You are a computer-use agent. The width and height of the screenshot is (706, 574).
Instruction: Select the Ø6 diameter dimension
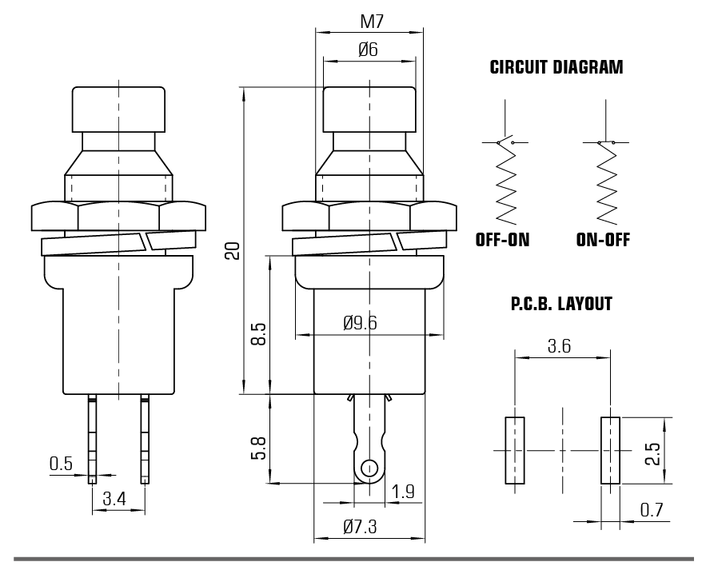click(x=369, y=50)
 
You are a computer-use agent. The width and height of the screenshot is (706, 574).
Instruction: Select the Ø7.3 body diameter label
click(x=360, y=527)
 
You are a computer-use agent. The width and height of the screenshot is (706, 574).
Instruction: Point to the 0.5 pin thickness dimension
click(x=62, y=463)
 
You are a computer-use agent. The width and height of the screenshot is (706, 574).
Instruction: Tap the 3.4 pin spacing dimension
click(x=115, y=500)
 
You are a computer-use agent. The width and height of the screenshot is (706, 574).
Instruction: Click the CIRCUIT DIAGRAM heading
click(x=556, y=68)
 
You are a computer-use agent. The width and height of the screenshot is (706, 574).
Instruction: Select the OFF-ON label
click(x=503, y=239)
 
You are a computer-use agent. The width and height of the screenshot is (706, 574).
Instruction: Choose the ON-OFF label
click(x=603, y=239)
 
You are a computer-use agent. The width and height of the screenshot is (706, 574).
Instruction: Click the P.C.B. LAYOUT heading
click(x=561, y=305)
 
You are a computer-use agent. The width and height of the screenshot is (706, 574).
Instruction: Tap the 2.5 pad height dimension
click(x=653, y=453)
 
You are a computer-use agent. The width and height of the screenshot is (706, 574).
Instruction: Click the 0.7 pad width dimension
click(x=652, y=508)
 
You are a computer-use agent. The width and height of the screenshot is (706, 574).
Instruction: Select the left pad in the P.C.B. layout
click(x=514, y=450)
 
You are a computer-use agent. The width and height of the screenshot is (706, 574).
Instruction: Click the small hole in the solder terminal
click(x=369, y=468)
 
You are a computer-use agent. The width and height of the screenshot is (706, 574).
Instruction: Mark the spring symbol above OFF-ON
click(x=505, y=184)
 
